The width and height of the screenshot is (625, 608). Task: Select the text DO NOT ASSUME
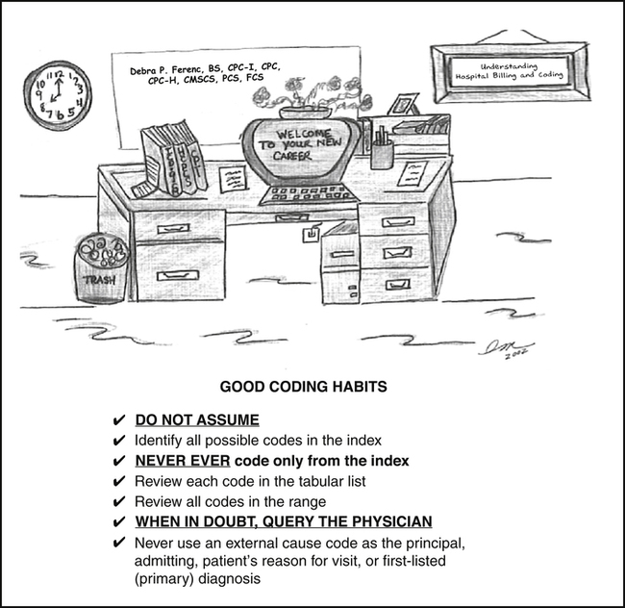click(x=197, y=420)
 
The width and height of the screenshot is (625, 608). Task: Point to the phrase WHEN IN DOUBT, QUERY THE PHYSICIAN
click(x=283, y=522)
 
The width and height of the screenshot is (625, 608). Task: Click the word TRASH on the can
click(x=100, y=280)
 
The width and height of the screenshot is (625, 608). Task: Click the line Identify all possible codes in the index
click(x=259, y=441)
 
